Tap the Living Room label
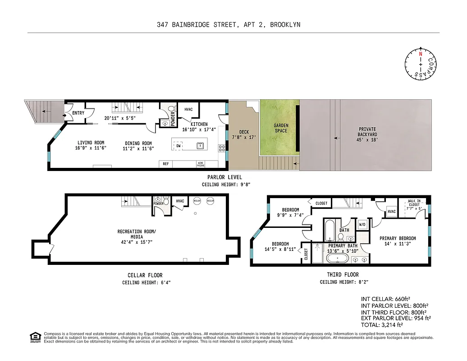click(91, 143)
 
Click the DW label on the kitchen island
click(179, 146)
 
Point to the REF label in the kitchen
click(166, 164)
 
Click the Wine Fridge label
click(200, 164)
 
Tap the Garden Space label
click(281, 128)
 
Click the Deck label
click(244, 132)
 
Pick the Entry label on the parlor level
click(78, 113)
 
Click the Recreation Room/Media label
click(136, 234)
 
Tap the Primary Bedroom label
click(397, 238)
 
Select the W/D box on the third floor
click(362, 224)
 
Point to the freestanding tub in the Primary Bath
click(337, 259)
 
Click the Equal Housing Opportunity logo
click(34, 337)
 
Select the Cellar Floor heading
click(145, 275)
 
